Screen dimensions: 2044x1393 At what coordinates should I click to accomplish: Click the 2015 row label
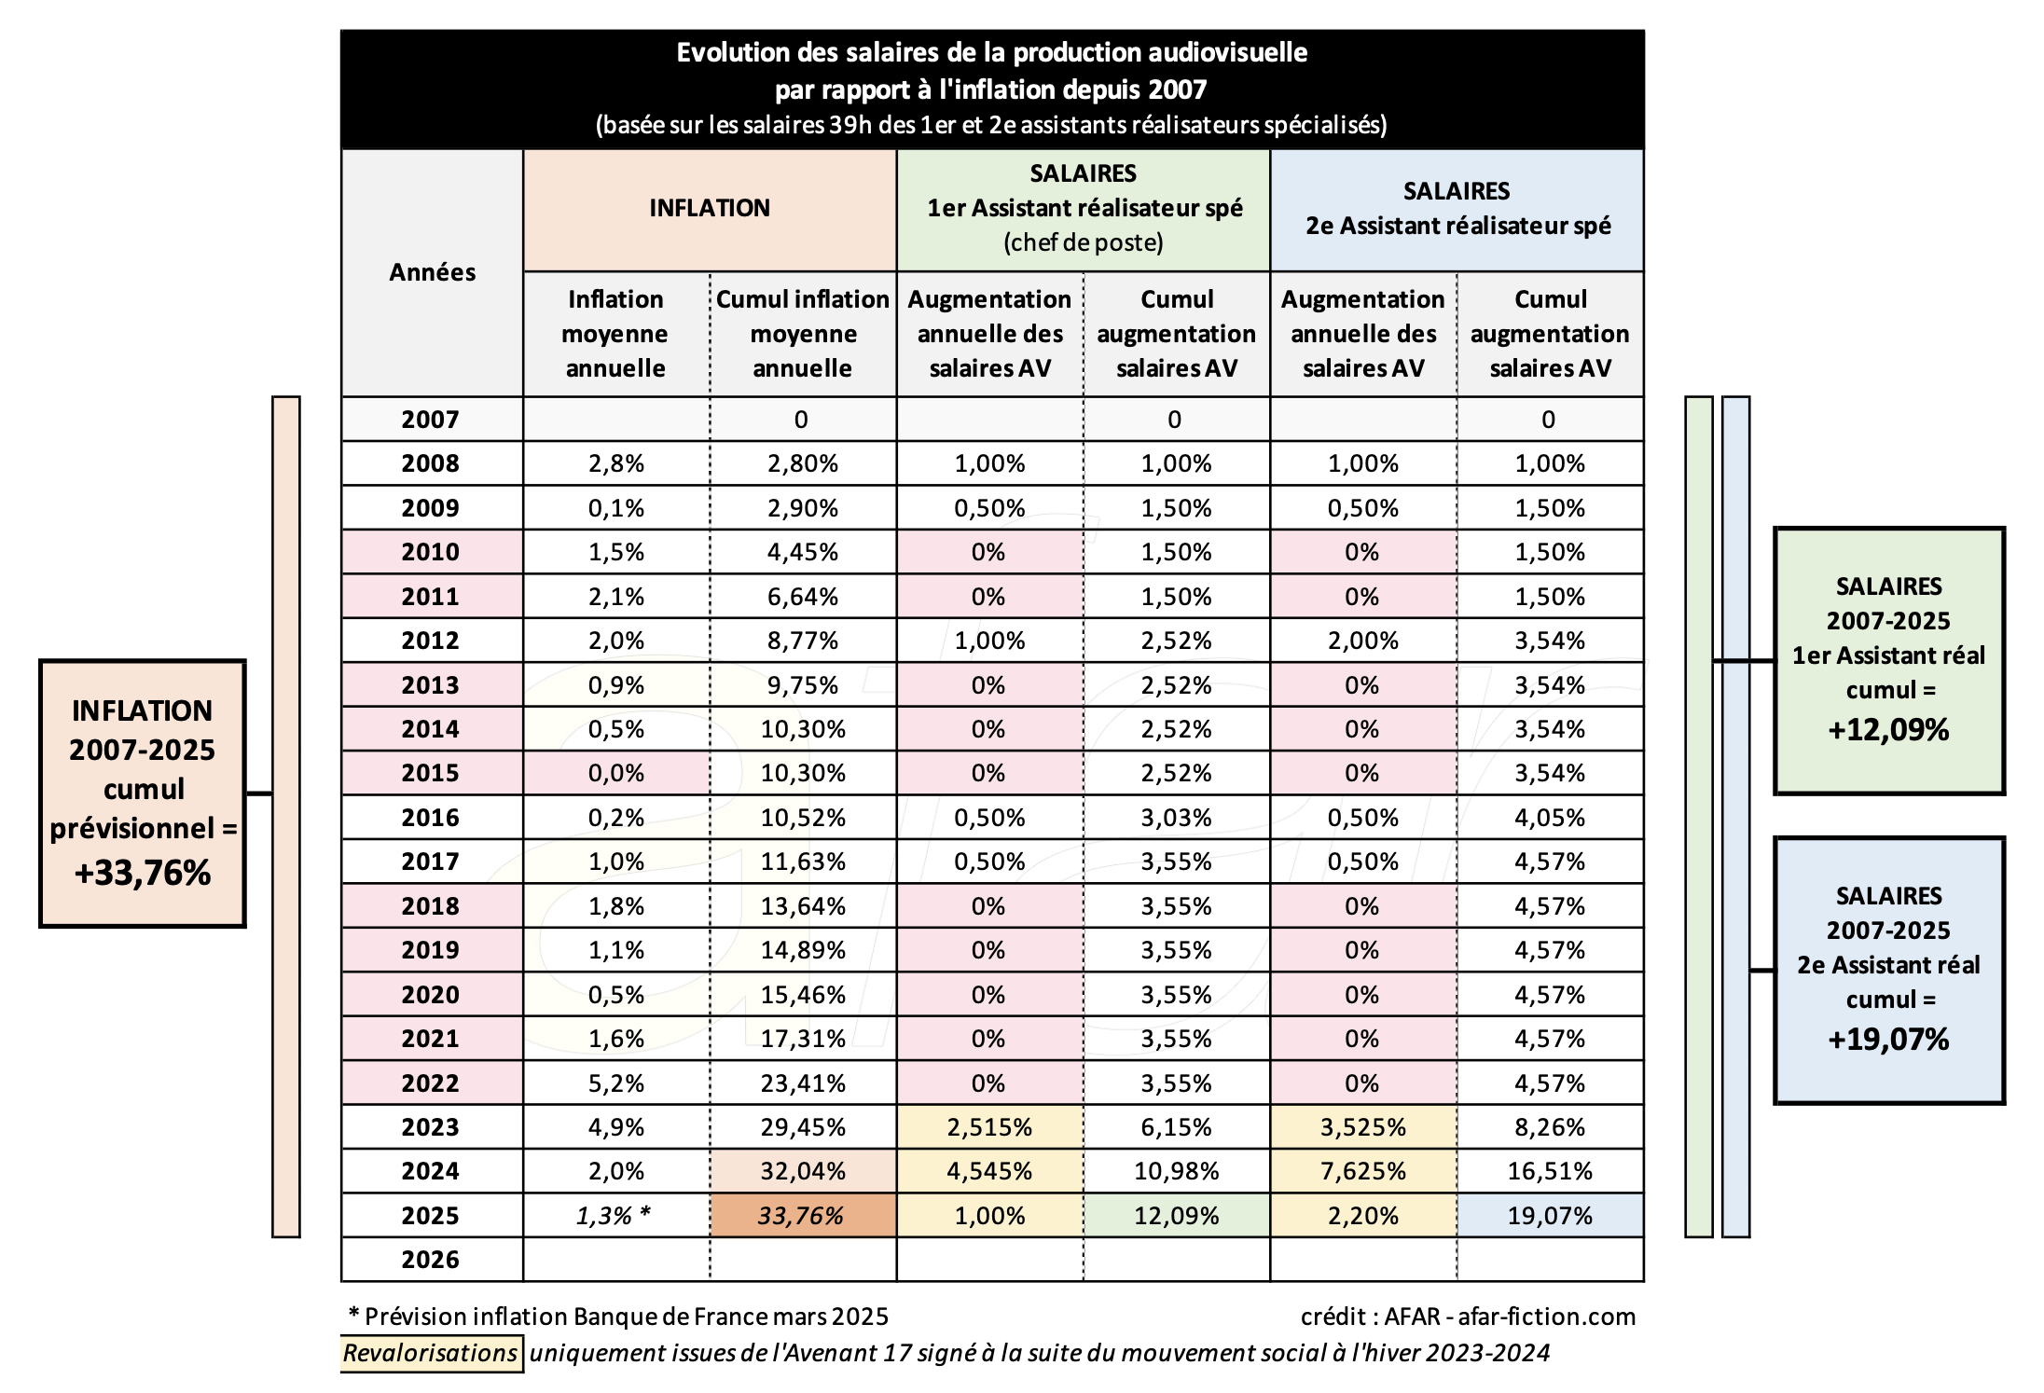[431, 773]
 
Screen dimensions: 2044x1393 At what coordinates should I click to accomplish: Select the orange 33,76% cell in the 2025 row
[803, 1216]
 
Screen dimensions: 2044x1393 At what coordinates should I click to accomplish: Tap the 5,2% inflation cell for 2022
[616, 1083]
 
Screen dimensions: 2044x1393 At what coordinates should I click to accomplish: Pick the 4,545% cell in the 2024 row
[989, 1171]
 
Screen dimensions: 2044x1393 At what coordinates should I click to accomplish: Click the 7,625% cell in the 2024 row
[1363, 1171]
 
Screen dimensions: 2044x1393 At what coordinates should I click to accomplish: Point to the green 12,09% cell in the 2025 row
[1177, 1216]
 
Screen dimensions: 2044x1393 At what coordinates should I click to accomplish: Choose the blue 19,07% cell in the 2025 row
[1550, 1216]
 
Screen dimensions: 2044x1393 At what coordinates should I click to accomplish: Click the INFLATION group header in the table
[710, 209]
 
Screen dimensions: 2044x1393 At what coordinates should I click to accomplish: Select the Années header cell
[432, 272]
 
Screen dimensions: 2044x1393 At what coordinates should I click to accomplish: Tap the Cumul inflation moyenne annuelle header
[803, 334]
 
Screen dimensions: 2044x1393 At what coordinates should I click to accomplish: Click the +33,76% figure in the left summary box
[143, 874]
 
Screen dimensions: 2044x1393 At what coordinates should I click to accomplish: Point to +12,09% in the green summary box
[1888, 730]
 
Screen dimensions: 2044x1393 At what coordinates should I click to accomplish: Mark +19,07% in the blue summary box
[1888, 1040]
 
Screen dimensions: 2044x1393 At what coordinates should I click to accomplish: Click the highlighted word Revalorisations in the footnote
[430, 1353]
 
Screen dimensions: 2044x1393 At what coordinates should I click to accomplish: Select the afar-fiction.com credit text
[1546, 1317]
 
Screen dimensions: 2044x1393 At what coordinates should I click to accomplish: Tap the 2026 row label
[431, 1260]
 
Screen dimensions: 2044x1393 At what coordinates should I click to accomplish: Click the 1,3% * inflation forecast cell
[614, 1216]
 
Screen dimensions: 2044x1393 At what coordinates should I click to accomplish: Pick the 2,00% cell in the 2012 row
[1363, 641]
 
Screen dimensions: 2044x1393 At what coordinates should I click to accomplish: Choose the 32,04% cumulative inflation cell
[803, 1171]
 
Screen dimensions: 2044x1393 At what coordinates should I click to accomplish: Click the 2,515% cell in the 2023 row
[989, 1127]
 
